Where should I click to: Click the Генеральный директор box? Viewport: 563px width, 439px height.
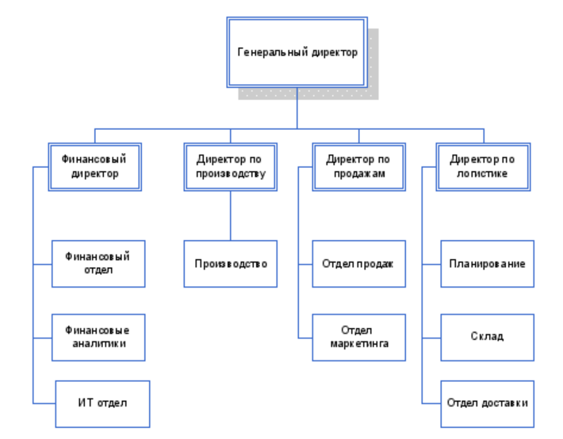pyautogui.click(x=297, y=52)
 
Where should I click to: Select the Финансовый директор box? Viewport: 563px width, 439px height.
pyautogui.click(x=94, y=166)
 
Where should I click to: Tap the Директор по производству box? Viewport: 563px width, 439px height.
pyautogui.click(x=231, y=166)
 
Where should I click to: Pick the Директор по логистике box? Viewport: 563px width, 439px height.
pyautogui.click(x=484, y=166)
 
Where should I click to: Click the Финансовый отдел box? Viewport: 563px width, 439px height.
pyautogui.click(x=98, y=263)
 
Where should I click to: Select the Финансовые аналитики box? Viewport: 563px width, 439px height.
pyautogui.click(x=98, y=338)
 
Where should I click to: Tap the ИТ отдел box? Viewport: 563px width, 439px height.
pyautogui.click(x=102, y=403)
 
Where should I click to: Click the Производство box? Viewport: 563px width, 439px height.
pyautogui.click(x=231, y=263)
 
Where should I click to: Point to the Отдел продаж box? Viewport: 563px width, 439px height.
pyautogui.click(x=358, y=263)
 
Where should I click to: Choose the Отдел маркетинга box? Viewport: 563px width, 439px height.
pyautogui.click(x=358, y=338)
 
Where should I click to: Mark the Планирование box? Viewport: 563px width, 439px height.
pyautogui.click(x=487, y=263)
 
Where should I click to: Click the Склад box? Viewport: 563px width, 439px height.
pyautogui.click(x=487, y=336)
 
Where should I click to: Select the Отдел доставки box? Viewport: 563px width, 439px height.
pyautogui.click(x=487, y=403)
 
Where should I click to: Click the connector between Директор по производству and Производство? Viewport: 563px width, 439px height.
pyautogui.click(x=231, y=216)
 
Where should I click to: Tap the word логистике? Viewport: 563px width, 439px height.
pyautogui.click(x=483, y=174)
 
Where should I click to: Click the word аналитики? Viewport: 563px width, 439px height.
pyautogui.click(x=98, y=345)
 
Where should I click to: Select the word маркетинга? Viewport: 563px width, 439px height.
pyautogui.click(x=359, y=345)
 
